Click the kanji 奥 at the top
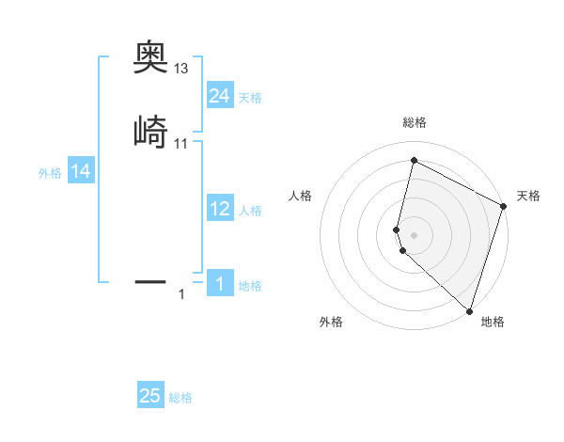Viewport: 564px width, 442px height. tap(150, 60)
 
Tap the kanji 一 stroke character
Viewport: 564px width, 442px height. tap(150, 280)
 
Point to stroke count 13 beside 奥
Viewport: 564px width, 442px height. tap(181, 69)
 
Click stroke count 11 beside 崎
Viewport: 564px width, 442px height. tap(181, 143)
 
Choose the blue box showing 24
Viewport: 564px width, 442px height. tap(220, 96)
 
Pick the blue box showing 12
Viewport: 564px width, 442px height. tap(220, 209)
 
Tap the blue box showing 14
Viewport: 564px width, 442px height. tap(81, 171)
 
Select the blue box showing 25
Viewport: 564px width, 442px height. tap(150, 396)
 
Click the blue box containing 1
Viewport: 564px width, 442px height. tap(220, 283)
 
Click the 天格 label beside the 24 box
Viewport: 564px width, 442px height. tap(250, 98)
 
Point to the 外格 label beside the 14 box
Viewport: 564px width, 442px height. tap(50, 173)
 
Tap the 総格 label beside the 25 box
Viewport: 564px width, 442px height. tap(180, 398)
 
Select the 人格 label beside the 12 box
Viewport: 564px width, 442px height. tap(250, 211)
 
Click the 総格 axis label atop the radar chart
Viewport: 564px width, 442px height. tap(415, 122)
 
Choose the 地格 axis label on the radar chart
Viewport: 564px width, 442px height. tap(493, 322)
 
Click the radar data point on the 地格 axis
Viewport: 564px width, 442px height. tap(469, 310)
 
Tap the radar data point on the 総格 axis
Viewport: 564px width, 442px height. tap(413, 161)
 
